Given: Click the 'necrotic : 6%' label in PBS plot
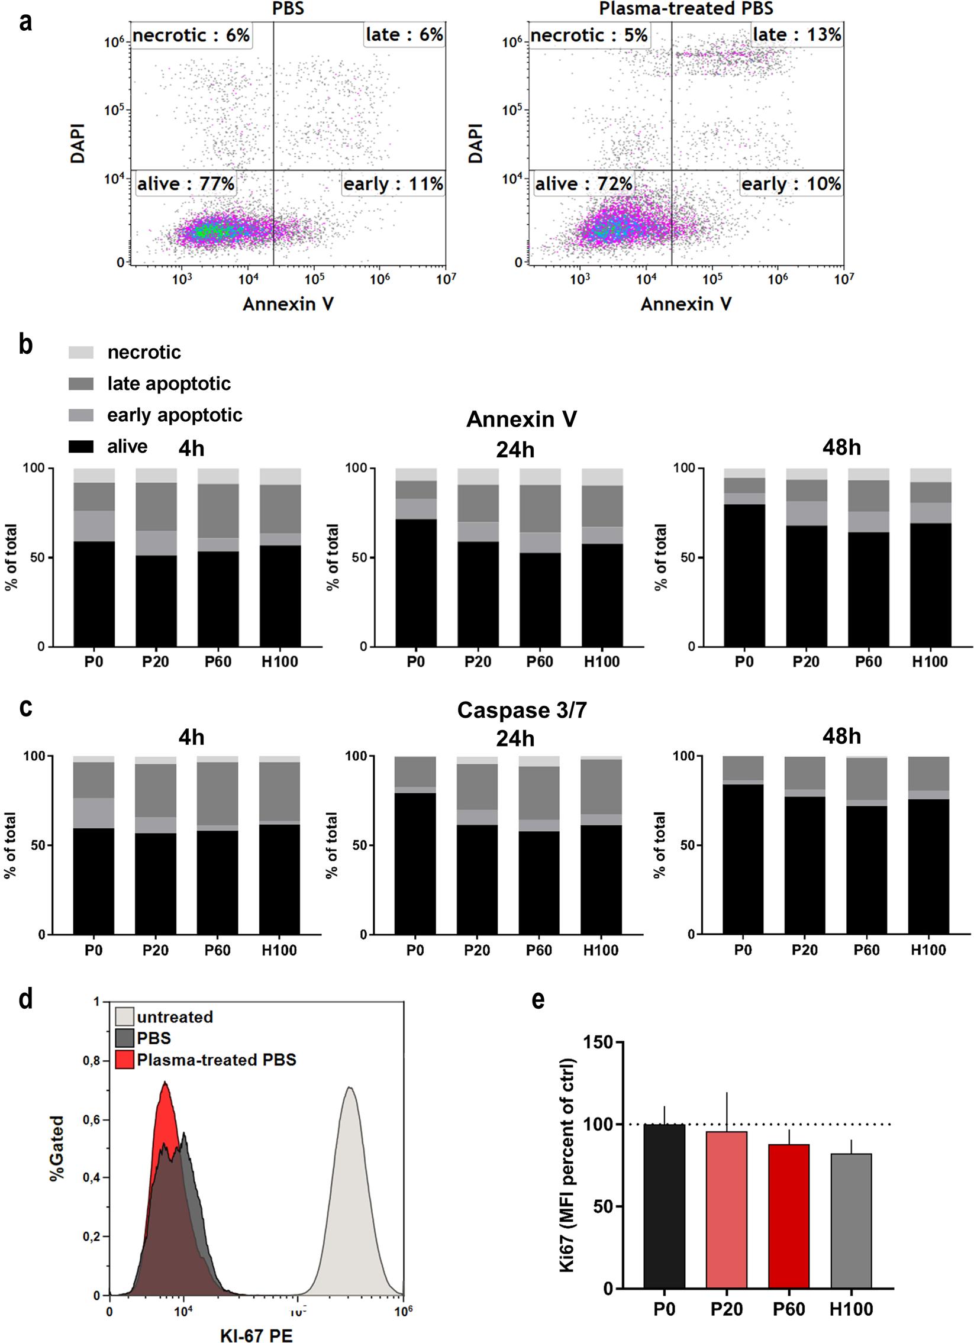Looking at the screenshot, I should [x=191, y=35].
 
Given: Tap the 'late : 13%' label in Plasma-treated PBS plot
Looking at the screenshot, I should [x=796, y=35].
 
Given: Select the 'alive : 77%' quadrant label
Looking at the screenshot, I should [x=186, y=184].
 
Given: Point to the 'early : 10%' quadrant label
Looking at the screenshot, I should [x=791, y=184].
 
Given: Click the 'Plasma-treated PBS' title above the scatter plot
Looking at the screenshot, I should [x=686, y=9].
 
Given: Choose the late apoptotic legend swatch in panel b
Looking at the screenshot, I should [x=81, y=384].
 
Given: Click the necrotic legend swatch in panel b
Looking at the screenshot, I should [x=81, y=353].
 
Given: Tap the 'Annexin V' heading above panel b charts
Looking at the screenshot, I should [x=521, y=419].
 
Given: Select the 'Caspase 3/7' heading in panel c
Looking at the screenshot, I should [x=522, y=710].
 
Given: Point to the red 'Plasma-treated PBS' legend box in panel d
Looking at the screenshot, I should [x=124, y=1060].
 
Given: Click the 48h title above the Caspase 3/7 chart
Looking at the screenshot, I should [x=841, y=736].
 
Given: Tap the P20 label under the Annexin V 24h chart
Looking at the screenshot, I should [x=477, y=661].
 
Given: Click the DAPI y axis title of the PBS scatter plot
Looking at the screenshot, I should [x=78, y=143].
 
